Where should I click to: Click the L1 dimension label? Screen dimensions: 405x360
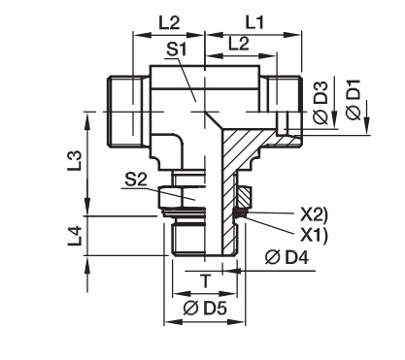click(254, 23)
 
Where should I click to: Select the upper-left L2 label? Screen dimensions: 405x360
click(169, 23)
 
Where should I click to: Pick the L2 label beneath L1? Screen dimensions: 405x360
click(239, 44)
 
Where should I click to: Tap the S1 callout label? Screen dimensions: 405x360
click(177, 50)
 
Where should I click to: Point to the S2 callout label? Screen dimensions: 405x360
click(136, 180)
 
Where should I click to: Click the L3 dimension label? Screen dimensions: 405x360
click(75, 160)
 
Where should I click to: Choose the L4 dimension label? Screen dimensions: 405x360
click(75, 236)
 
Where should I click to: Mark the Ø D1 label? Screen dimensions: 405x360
click(353, 100)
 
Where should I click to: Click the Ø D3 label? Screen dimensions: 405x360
click(321, 103)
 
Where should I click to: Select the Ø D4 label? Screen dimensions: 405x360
click(287, 258)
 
